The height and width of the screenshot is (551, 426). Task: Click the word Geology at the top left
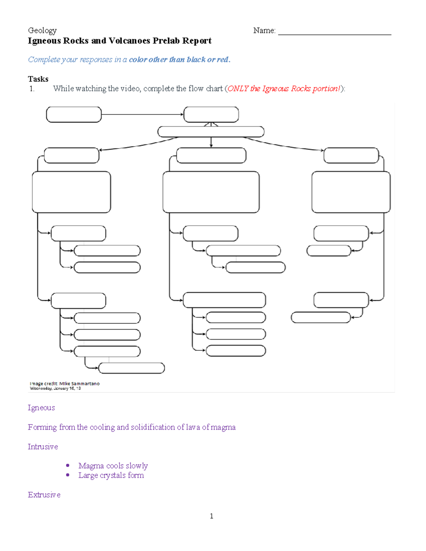click(42, 31)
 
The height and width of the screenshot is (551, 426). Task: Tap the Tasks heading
click(38, 79)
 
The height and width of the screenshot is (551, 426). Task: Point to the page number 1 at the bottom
click(212, 516)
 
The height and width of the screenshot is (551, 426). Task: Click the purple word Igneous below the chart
click(41, 408)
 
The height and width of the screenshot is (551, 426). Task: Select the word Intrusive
click(43, 447)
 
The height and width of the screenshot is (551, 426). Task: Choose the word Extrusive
click(44, 495)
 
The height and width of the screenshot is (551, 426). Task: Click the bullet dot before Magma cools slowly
click(68, 465)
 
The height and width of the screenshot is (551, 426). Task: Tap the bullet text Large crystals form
click(111, 475)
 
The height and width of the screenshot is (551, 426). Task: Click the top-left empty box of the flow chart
click(74, 115)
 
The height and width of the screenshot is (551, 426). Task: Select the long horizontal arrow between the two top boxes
click(142, 115)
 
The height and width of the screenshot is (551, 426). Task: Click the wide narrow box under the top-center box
click(211, 132)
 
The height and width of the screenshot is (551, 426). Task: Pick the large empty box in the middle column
click(211, 192)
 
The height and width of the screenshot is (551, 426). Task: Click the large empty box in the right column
click(351, 192)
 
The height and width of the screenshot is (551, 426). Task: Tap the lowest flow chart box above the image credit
click(131, 368)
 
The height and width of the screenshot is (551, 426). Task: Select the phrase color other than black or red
click(179, 60)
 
